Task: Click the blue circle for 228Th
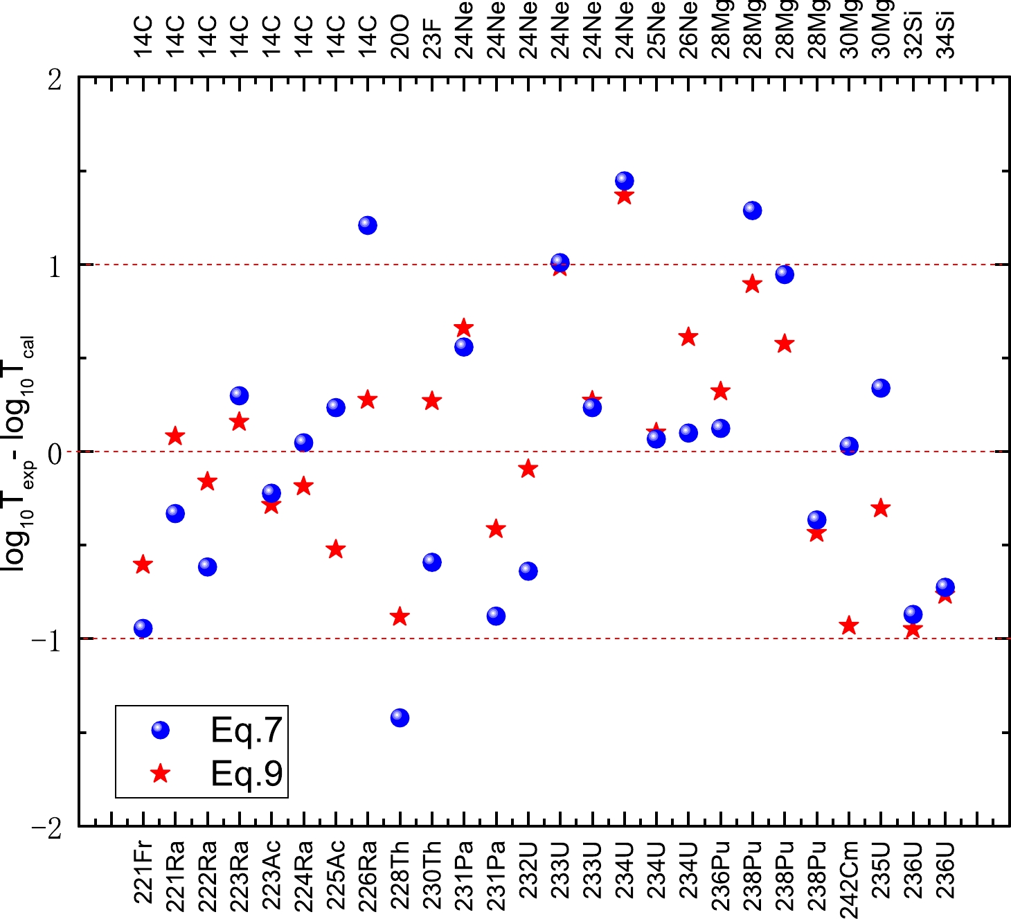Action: tap(400, 717)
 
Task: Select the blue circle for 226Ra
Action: tap(368, 225)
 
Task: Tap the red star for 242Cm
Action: tap(848, 626)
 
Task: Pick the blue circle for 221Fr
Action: tap(143, 628)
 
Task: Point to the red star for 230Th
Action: tap(431, 401)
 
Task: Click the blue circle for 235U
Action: tap(880, 388)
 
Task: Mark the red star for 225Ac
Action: tap(336, 550)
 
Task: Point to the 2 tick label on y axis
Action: tap(55, 80)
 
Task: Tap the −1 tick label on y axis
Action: tap(46, 639)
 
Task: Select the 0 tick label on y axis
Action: tap(55, 452)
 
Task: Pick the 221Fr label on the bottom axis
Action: tap(143, 873)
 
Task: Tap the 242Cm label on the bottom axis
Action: tap(849, 878)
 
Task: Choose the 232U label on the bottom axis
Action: tap(528, 870)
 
